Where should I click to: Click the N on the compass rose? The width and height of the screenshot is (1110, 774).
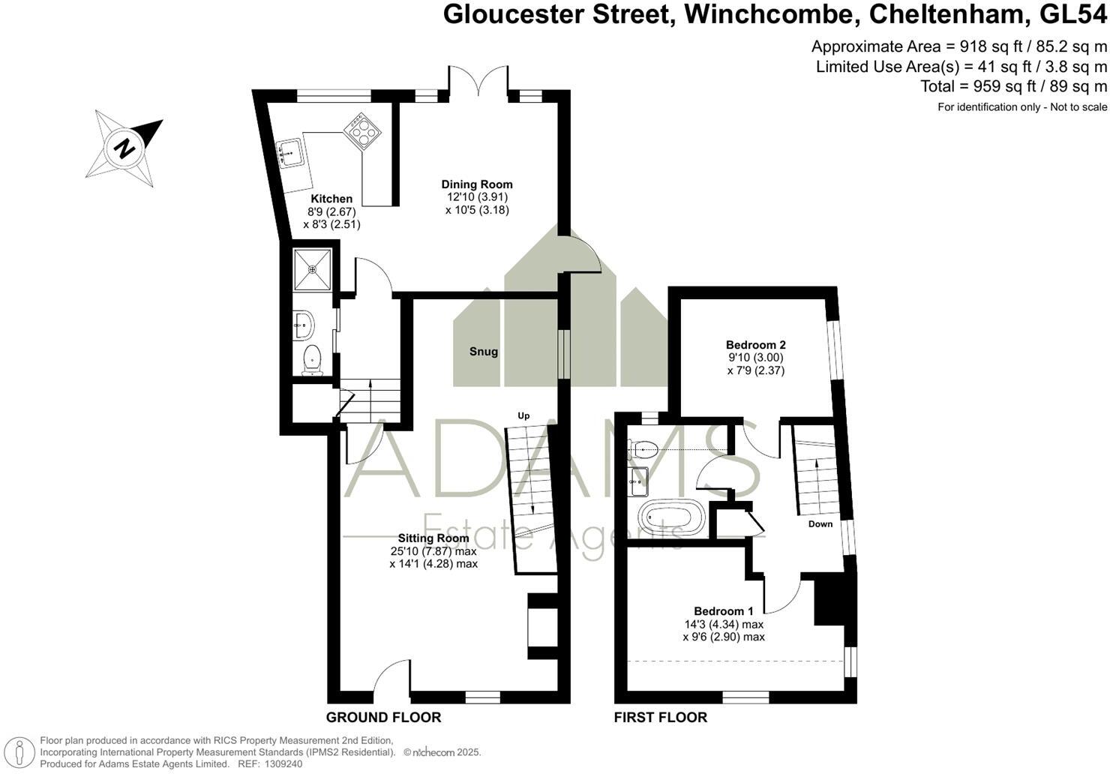pyautogui.click(x=124, y=148)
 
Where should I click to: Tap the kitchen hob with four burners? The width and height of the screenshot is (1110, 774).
pyautogui.click(x=363, y=130)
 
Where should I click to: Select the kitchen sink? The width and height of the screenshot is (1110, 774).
pyautogui.click(x=290, y=154)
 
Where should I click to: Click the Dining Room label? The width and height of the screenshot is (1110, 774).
pyautogui.click(x=477, y=184)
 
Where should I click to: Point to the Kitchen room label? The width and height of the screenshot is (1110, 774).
pyautogui.click(x=331, y=199)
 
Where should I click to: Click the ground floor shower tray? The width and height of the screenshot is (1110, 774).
pyautogui.click(x=312, y=269)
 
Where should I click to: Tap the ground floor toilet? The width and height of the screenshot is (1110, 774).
pyautogui.click(x=312, y=360)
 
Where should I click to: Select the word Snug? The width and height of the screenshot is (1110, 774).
pyautogui.click(x=484, y=352)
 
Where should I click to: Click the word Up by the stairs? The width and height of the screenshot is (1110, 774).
pyautogui.click(x=523, y=415)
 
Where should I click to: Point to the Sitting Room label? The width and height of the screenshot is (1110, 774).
pyautogui.click(x=433, y=538)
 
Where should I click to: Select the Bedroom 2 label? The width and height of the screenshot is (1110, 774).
pyautogui.click(x=756, y=345)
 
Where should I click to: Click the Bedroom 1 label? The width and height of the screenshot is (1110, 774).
pyautogui.click(x=724, y=611)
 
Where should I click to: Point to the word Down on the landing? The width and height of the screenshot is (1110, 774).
pyautogui.click(x=820, y=523)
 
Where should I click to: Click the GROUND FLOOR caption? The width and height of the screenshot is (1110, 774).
pyautogui.click(x=383, y=717)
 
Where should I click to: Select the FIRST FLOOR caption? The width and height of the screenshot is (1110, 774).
pyautogui.click(x=661, y=717)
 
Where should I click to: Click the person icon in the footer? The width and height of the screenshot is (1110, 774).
pyautogui.click(x=19, y=752)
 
